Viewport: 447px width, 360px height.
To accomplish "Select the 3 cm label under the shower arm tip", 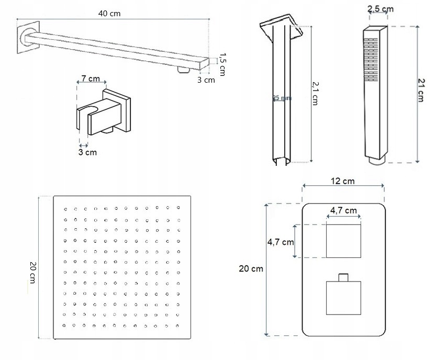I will (x=206, y=80).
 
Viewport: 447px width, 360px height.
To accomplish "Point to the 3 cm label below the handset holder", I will (x=87, y=152).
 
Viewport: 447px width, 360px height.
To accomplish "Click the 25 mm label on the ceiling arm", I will (x=282, y=98).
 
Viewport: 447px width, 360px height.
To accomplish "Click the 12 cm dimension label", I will (x=343, y=181).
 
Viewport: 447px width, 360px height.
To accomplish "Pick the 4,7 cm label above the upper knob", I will (x=343, y=210).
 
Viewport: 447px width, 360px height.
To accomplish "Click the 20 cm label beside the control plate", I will (x=251, y=269).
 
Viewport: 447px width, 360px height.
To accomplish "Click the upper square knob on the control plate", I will (x=343, y=241).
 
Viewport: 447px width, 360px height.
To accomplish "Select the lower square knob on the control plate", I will (x=343, y=298).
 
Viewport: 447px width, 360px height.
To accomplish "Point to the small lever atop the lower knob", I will (x=343, y=276).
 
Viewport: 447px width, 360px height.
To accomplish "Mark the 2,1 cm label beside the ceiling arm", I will (x=315, y=93).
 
